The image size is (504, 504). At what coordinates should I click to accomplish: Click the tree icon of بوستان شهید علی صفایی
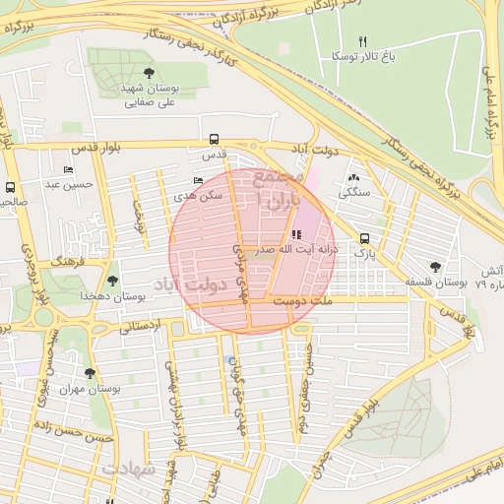point(149,73)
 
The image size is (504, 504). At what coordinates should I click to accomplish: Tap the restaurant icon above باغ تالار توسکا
point(362,41)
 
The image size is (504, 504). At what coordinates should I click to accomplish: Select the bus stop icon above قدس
point(214,139)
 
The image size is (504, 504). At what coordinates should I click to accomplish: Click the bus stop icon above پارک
point(365,238)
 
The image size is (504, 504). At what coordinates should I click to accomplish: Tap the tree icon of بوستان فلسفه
point(435,266)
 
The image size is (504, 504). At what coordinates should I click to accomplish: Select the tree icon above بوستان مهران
point(91,373)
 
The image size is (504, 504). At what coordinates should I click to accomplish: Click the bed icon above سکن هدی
point(199,180)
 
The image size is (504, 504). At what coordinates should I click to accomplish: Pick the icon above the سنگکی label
point(352,177)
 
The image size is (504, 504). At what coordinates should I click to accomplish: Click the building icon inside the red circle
point(297,234)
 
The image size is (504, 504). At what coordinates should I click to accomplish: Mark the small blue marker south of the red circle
point(230,360)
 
